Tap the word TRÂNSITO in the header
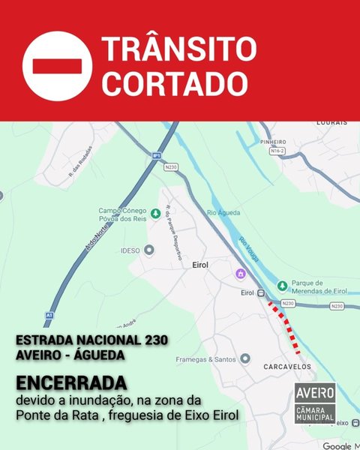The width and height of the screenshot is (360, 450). click(x=178, y=49)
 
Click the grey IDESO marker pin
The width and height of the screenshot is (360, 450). click(x=148, y=250)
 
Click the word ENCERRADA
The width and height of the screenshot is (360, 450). click(x=68, y=379)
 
